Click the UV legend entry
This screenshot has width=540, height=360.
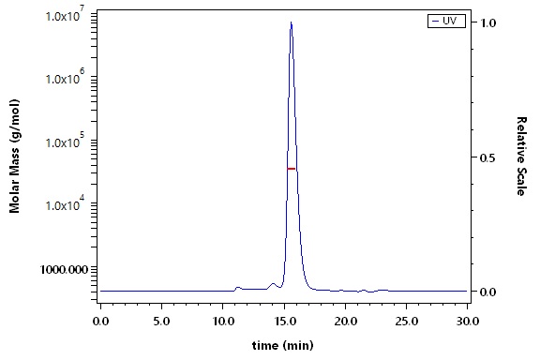(446, 21)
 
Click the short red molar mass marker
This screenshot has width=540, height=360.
(292, 169)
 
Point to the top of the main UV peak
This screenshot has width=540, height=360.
(292, 22)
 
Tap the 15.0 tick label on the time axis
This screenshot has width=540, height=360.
(284, 321)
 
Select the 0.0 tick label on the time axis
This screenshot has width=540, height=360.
(100, 321)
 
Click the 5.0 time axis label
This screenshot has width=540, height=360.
(162, 321)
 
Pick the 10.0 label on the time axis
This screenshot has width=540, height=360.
(223, 321)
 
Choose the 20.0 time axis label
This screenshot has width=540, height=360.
(345, 321)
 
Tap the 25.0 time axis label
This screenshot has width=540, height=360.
(407, 321)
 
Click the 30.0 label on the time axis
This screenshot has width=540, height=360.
(468, 321)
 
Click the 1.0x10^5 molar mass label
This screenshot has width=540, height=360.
(65, 141)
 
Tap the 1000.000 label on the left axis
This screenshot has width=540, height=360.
(64, 270)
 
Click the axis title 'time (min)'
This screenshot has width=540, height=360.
(283, 345)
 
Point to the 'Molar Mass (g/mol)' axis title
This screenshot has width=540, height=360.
(14, 157)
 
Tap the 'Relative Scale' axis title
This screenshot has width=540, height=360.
(521, 157)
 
